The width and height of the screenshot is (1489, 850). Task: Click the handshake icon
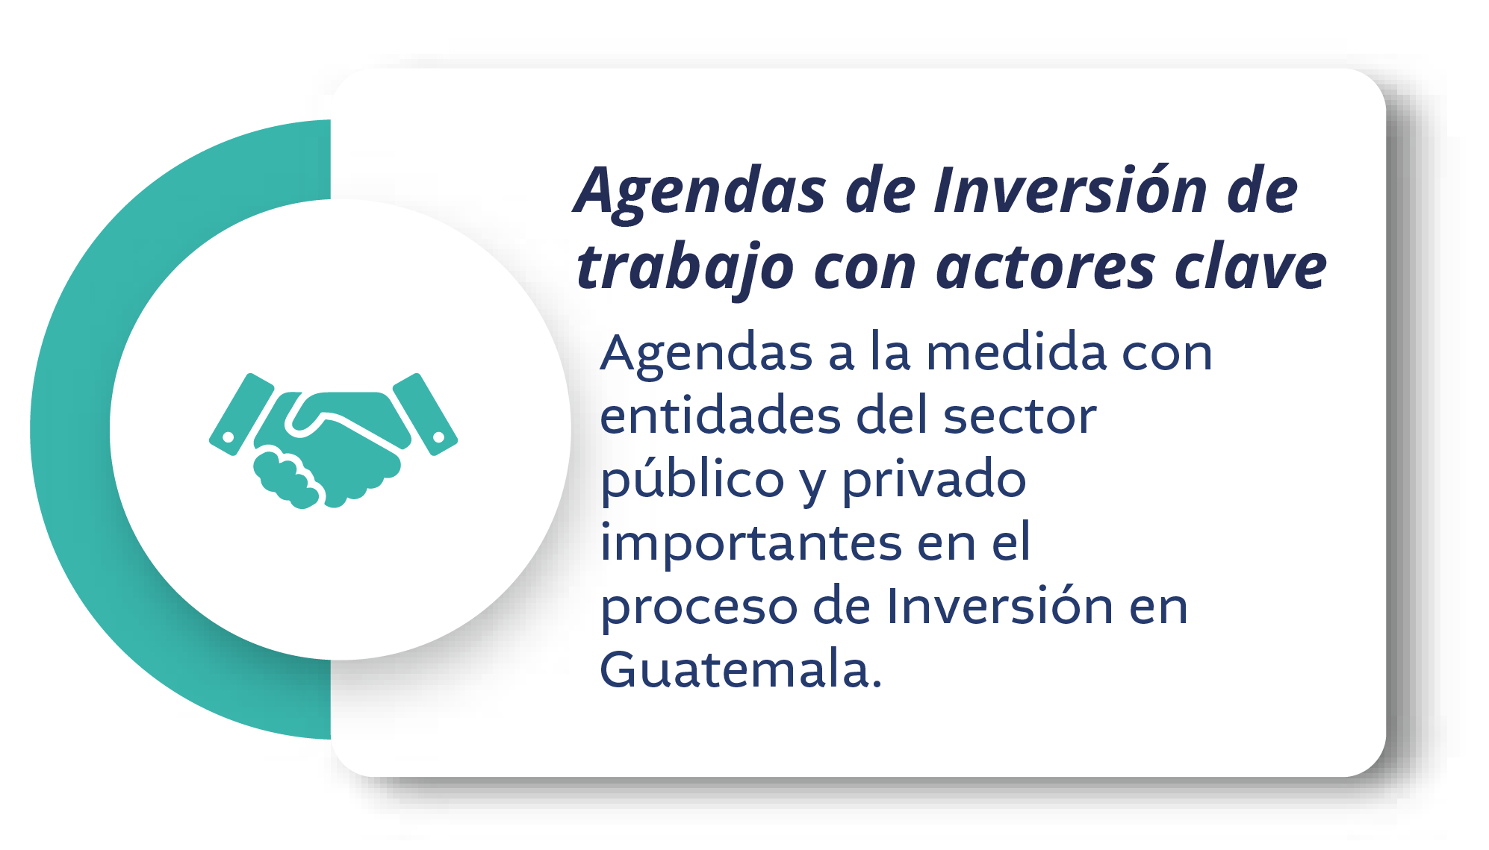(333, 440)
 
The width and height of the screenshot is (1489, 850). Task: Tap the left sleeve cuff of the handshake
(241, 413)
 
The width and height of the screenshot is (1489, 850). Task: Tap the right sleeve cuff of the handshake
(425, 413)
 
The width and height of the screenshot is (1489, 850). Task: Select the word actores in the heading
(1046, 268)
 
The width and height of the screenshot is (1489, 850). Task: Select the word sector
(1020, 416)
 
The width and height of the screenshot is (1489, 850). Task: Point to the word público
(692, 481)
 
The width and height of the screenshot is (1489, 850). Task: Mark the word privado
(934, 481)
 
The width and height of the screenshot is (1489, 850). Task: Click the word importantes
(751, 544)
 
